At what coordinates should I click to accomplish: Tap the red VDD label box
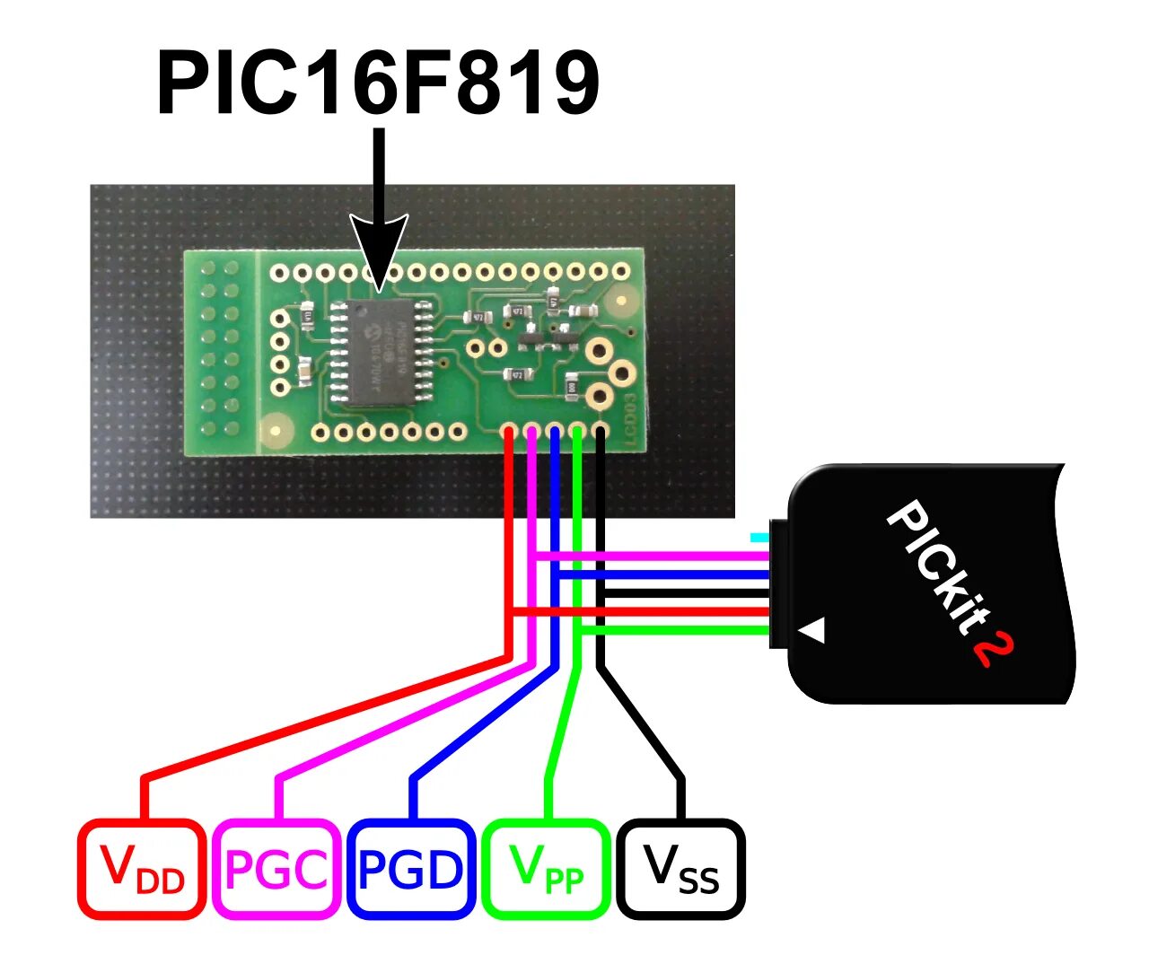142,868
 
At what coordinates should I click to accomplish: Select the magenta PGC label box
276,868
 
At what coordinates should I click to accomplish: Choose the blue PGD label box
411,868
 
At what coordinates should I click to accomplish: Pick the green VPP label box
546,868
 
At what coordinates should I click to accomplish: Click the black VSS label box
681,868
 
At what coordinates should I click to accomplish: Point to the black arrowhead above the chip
379,251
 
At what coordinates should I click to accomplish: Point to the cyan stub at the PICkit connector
759,538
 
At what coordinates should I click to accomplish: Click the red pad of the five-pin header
509,433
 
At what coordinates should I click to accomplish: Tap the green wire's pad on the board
577,433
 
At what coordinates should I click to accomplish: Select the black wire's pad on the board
600,433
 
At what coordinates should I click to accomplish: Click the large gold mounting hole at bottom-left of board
276,434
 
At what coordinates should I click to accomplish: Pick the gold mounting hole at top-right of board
618,302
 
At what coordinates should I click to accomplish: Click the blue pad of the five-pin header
555,433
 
